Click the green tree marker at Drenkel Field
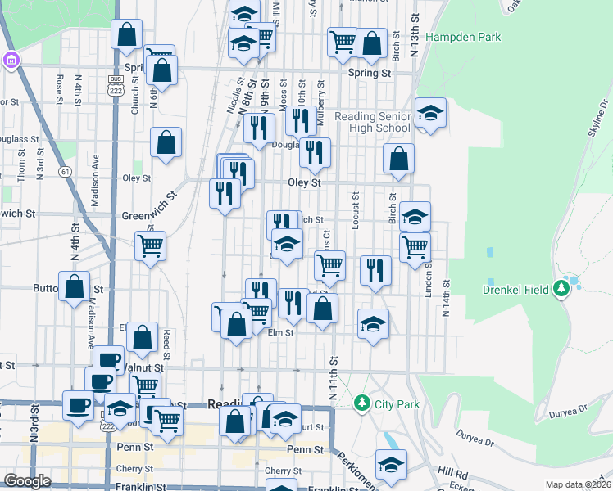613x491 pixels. (x=561, y=288)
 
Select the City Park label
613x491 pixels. (x=397, y=403)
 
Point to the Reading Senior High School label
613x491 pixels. (x=373, y=122)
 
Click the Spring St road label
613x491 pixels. (x=369, y=73)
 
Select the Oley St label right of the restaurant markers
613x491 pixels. (x=303, y=182)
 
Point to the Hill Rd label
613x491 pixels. (x=452, y=472)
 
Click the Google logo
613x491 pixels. (x=27, y=481)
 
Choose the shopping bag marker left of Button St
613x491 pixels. (x=75, y=286)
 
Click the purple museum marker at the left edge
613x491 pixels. (x=11, y=61)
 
